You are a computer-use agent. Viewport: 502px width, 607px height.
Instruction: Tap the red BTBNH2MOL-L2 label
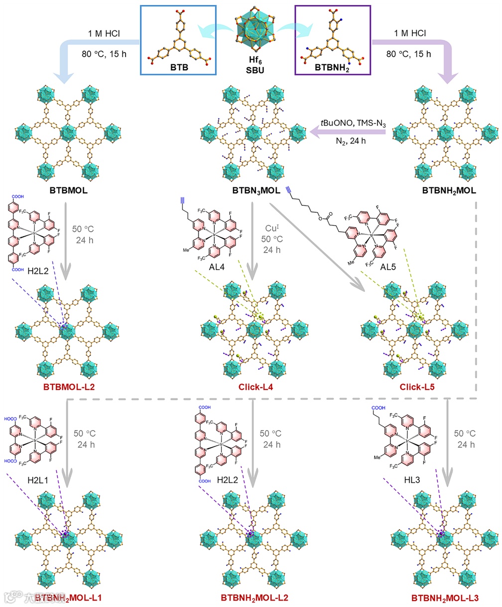pyautogui.click(x=254, y=597)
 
